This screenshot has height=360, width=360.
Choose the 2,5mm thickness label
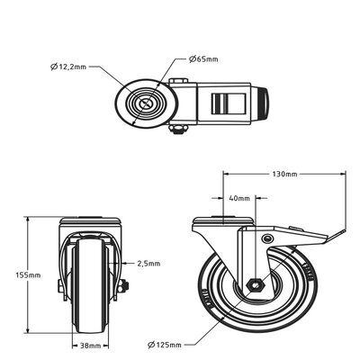click(x=148, y=264)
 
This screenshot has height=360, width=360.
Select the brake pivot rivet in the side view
click(x=265, y=238)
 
